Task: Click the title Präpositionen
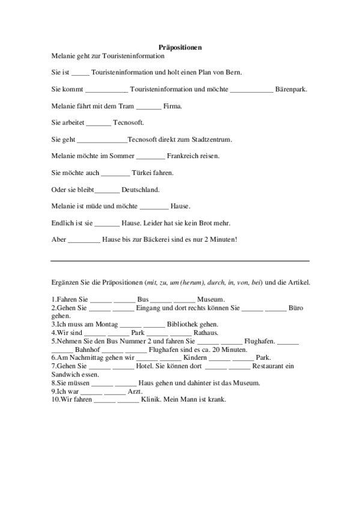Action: point(180,47)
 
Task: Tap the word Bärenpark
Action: point(291,90)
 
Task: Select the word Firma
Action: point(172,106)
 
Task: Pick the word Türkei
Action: point(142,173)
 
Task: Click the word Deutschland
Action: point(140,190)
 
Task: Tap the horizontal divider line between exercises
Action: point(180,261)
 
